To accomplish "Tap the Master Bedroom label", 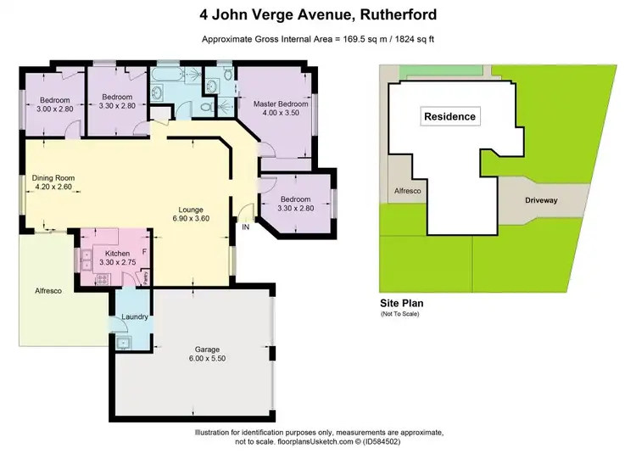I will [280, 104].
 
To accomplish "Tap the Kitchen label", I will [116, 254].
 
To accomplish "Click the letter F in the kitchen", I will [144, 252].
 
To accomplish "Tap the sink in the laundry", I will [123, 343].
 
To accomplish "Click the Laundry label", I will [134, 317].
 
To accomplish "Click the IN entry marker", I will [245, 227].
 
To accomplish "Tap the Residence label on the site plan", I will [449, 116].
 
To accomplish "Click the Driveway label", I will [541, 203].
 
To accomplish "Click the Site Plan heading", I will [401, 303].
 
